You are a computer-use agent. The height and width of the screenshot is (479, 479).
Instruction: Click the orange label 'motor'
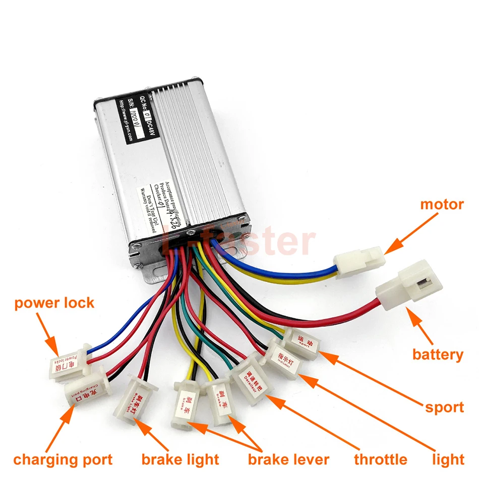[x=442, y=204]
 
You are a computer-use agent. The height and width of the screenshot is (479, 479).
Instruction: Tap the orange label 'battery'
[x=438, y=354]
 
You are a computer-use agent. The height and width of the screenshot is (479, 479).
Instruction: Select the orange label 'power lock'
[x=54, y=303]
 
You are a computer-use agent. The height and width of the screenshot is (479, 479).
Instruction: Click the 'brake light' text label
[x=180, y=459]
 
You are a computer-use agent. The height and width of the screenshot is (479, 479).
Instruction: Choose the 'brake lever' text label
[x=288, y=459]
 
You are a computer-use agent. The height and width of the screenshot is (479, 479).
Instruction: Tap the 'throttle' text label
[x=381, y=459]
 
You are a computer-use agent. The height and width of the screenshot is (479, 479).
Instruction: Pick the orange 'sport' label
[x=444, y=407]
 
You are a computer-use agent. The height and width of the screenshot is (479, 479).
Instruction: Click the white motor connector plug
[x=359, y=261]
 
